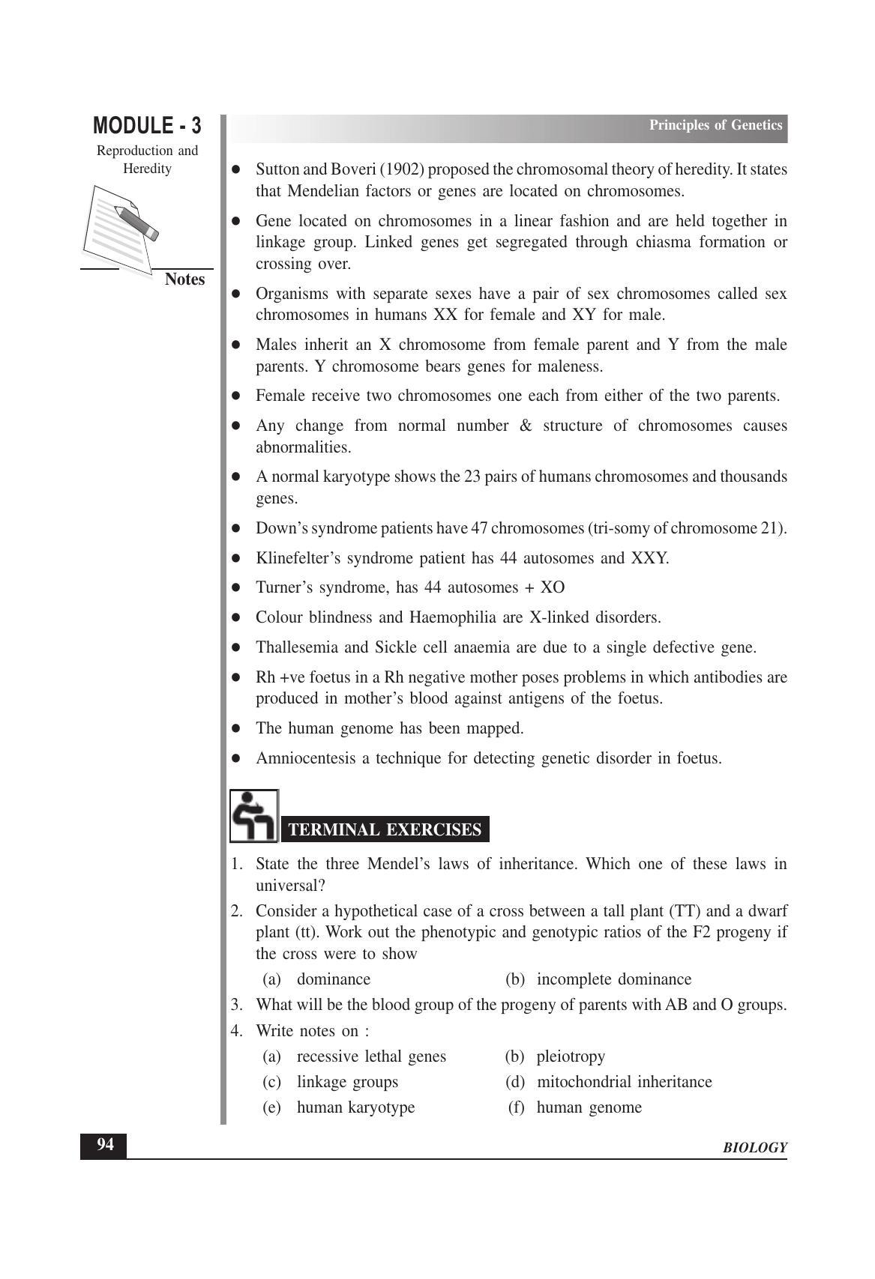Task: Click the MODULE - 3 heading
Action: click(147, 125)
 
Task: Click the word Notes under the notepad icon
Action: click(184, 279)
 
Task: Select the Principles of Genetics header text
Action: click(715, 125)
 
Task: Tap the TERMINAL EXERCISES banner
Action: click(385, 829)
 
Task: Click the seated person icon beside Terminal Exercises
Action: click(253, 816)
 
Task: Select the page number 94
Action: click(105, 1145)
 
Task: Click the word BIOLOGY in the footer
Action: click(755, 1148)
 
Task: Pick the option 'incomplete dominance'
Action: click(614, 979)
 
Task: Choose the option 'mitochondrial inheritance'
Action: click(625, 1082)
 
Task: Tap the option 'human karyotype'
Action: click(355, 1107)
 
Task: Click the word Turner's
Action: click(283, 587)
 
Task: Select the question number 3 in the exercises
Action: click(236, 1005)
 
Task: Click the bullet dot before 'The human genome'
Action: click(235, 728)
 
